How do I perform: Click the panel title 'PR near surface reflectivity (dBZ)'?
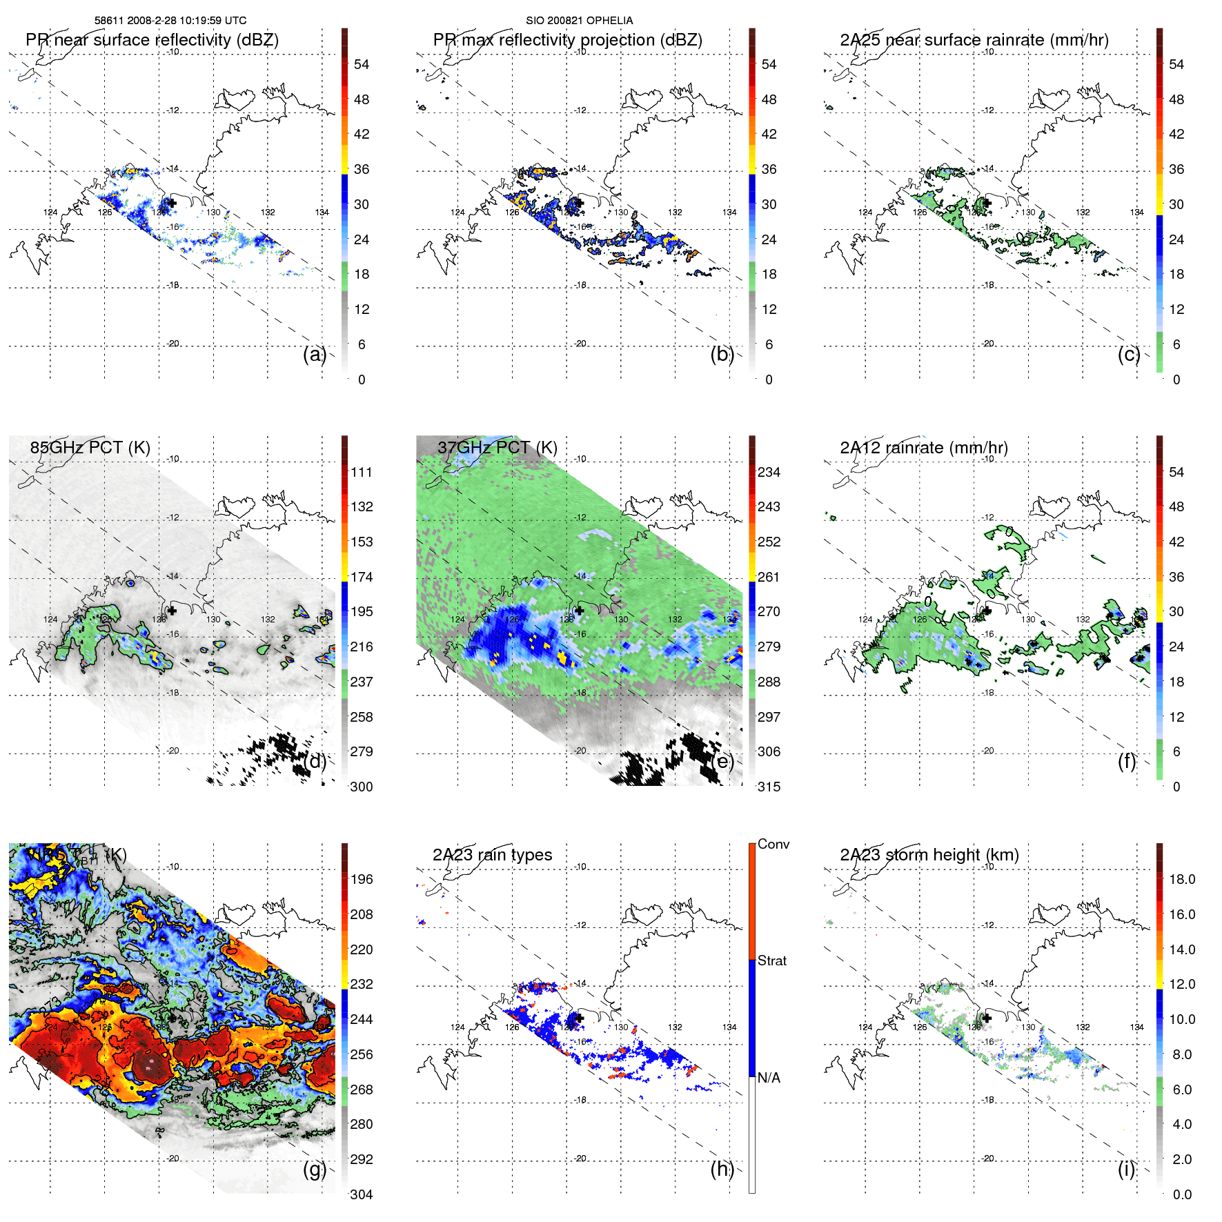coord(152,40)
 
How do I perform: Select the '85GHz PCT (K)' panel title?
coord(90,447)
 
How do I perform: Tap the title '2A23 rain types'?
coord(492,855)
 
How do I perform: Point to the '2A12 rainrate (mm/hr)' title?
coord(923,447)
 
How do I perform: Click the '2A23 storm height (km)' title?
coord(929,855)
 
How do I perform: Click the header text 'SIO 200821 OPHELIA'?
coord(579,20)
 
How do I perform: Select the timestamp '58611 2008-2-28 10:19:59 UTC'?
coord(170,20)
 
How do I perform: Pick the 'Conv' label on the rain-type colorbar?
coord(773,844)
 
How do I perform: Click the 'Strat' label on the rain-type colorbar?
coord(771,960)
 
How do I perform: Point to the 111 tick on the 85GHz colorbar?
coord(362,472)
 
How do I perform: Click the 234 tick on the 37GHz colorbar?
coord(769,472)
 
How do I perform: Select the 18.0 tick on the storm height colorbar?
coord(1181,879)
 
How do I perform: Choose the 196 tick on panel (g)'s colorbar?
coord(362,879)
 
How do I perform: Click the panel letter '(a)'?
coord(314,354)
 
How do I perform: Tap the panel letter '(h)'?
coord(722,1169)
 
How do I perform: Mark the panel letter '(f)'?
coord(1126,761)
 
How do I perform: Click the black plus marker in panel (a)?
coord(172,203)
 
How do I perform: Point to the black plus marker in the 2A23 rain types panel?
coord(579,1018)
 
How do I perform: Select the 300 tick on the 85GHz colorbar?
coord(362,787)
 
